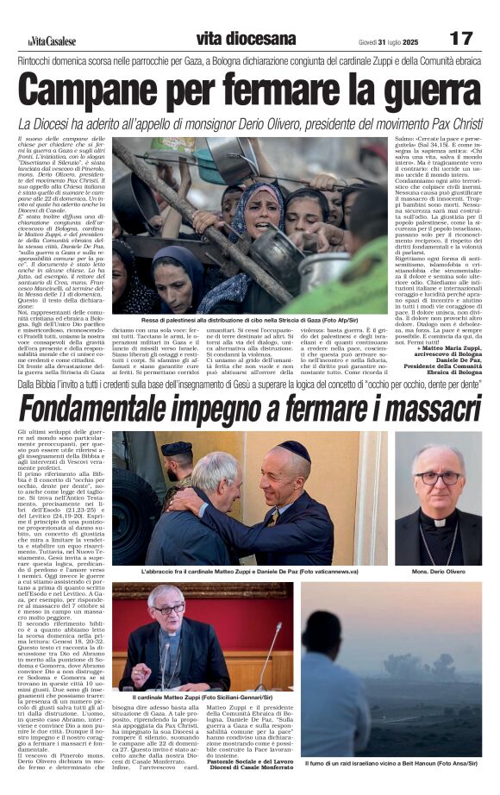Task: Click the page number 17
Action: point(461,38)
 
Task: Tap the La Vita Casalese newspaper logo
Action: point(53,40)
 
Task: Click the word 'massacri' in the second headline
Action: point(428,408)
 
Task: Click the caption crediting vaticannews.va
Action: point(250,572)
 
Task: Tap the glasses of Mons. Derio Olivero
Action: point(437,478)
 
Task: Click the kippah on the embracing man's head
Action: point(297,452)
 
